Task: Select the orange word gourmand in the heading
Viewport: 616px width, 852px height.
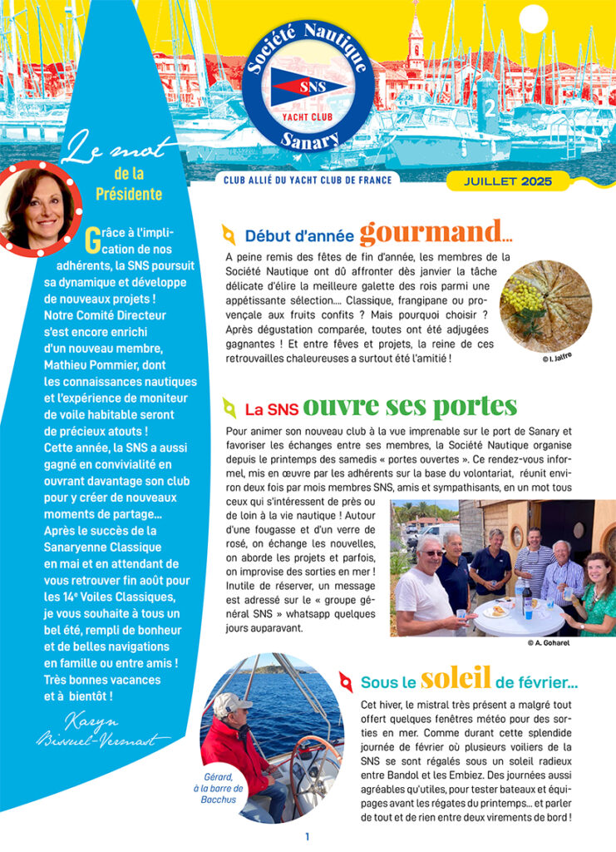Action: click(430, 232)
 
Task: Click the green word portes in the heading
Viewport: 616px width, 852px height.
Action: click(475, 407)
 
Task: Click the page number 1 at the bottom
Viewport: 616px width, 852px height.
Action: click(307, 836)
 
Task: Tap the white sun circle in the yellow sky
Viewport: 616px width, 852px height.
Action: click(531, 18)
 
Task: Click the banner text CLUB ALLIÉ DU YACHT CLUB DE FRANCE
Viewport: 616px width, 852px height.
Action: click(307, 179)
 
